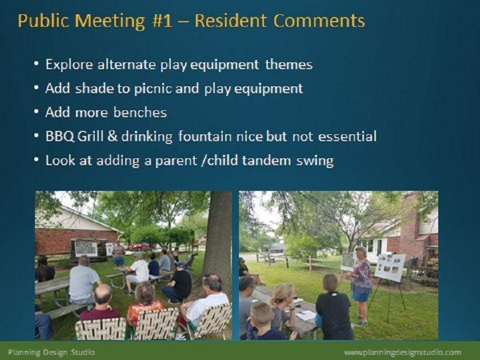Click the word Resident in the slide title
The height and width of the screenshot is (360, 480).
tap(230, 21)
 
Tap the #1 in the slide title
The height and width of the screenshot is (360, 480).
tap(162, 21)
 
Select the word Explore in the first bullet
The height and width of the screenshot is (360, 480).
tap(69, 65)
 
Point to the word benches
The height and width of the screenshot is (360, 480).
tap(140, 113)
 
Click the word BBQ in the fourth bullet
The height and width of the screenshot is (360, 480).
tap(59, 137)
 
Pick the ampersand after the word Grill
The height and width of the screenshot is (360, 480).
tap(113, 137)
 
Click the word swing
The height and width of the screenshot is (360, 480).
tap(315, 161)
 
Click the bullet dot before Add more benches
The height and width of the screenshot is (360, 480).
tap(37, 112)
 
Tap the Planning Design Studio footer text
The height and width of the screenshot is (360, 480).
tap(51, 352)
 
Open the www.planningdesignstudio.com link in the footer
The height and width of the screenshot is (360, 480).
tap(402, 353)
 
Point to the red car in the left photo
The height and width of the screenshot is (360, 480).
tap(139, 246)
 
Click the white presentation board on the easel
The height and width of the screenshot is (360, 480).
tap(390, 267)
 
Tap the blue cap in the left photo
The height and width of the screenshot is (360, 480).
tap(181, 265)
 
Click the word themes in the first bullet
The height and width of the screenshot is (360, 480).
tap(289, 65)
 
